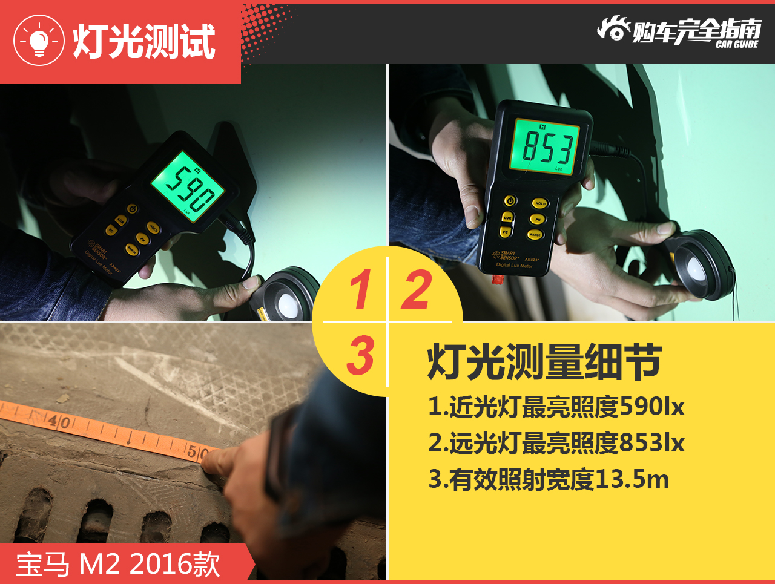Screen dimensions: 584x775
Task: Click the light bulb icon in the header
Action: point(39,41)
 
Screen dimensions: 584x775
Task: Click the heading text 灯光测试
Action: point(144,42)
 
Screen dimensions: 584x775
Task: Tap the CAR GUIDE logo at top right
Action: point(679,31)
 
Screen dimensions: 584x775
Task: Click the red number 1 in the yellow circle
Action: point(360,290)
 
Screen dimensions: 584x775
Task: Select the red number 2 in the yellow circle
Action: point(417,290)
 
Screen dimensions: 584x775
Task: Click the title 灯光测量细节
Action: point(544,362)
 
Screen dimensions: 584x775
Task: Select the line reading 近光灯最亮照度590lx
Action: point(556,407)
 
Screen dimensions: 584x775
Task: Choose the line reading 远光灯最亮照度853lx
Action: point(556,443)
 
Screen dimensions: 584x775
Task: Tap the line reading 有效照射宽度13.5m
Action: point(549,479)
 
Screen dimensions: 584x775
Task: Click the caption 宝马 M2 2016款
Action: point(118,564)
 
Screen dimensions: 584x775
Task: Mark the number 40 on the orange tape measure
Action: point(59,422)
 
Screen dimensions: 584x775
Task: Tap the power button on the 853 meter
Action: point(510,201)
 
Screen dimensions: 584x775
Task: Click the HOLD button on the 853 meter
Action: point(539,203)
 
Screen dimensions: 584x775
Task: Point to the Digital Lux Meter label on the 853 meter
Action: point(514,265)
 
